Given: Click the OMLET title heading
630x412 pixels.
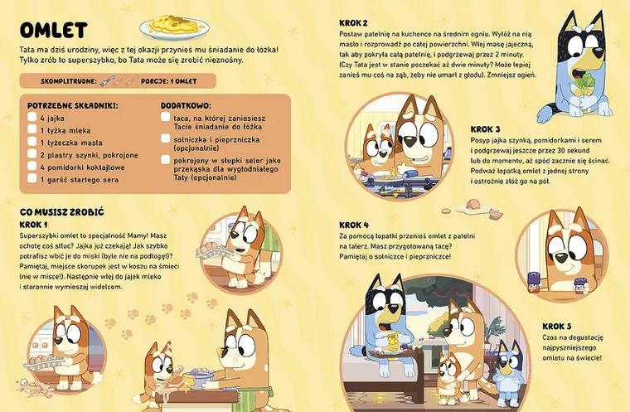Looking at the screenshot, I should click(53, 31).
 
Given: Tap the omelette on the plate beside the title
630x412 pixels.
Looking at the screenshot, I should click(173, 25).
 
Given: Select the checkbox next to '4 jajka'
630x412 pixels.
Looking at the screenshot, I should click(31, 119).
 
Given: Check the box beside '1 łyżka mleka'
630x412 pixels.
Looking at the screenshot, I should click(31, 130).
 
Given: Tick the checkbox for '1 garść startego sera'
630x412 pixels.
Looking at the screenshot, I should click(31, 179).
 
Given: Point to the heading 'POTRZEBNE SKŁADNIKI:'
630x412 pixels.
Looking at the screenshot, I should click(72, 105).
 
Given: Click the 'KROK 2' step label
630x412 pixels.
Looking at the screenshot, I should click(354, 22).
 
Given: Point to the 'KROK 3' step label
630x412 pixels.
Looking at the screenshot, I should click(486, 128).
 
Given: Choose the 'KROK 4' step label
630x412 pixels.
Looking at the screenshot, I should click(354, 225).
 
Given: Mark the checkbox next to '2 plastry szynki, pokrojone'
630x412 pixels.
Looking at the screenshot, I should click(31, 155).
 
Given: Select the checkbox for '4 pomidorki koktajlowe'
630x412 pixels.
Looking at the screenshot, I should click(31, 167).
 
